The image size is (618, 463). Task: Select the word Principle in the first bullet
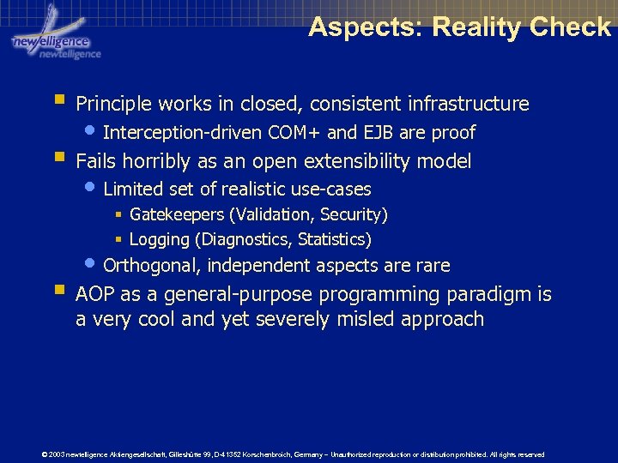112,105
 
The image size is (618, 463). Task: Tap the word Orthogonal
151,266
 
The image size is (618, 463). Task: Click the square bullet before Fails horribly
59,158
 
